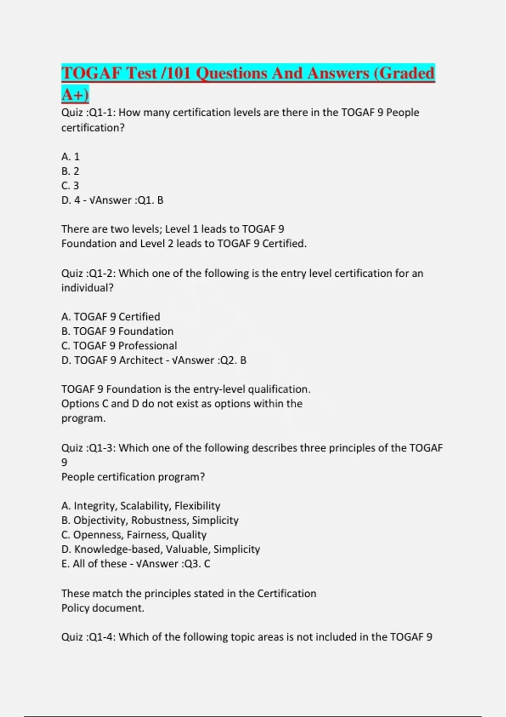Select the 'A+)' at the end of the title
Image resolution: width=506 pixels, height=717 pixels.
click(x=75, y=94)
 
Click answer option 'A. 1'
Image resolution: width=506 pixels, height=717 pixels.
click(x=70, y=157)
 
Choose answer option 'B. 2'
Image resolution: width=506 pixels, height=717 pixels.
click(x=70, y=171)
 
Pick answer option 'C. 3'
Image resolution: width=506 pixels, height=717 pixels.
click(x=70, y=186)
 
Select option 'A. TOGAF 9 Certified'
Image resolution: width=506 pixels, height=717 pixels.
click(x=111, y=317)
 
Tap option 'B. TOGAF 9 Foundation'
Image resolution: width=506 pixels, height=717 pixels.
click(x=117, y=331)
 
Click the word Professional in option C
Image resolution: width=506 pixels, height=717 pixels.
click(x=148, y=346)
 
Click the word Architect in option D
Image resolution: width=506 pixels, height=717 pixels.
click(x=141, y=360)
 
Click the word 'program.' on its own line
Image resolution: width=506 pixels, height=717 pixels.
click(x=83, y=418)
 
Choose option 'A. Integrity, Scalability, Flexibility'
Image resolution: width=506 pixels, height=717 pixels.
click(x=141, y=506)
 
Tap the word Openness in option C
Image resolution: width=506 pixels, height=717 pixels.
click(x=98, y=535)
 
